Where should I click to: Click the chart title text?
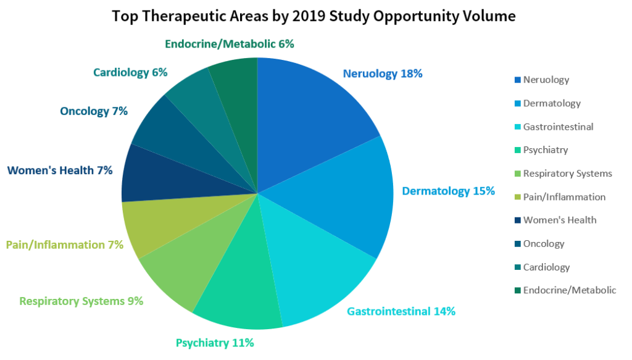(314, 17)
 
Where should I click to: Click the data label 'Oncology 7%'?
(94, 111)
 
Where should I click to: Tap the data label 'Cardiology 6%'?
(130, 72)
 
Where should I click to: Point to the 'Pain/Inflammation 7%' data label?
(65, 245)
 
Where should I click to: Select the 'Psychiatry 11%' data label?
(215, 343)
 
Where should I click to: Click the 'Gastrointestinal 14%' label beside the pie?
(401, 311)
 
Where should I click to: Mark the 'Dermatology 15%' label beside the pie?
(449, 191)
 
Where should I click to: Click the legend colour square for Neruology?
(517, 80)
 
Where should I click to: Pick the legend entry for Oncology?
(543, 244)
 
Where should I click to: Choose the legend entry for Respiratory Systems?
(567, 174)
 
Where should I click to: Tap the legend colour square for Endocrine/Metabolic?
(517, 291)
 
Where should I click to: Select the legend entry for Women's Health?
(559, 220)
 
